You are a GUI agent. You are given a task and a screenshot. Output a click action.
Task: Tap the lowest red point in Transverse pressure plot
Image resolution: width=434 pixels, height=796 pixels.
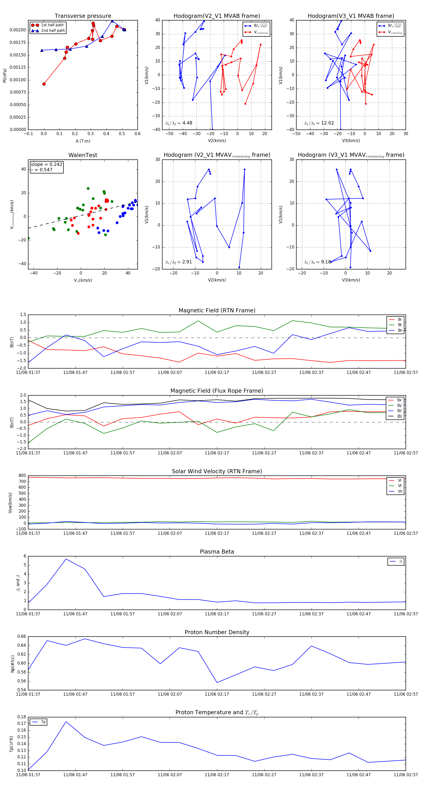44,84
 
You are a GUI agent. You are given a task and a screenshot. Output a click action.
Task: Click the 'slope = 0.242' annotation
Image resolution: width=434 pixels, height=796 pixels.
46,165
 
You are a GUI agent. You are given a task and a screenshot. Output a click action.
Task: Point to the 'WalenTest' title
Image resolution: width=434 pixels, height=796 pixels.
83,155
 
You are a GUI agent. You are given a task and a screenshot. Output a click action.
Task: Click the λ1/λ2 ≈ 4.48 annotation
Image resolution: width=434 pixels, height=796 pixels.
178,123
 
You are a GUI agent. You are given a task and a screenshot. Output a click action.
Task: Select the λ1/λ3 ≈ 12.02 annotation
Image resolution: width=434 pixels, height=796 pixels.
319,123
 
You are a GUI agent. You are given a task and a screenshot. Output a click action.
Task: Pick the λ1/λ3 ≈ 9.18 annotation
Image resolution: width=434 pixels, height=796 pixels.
317,262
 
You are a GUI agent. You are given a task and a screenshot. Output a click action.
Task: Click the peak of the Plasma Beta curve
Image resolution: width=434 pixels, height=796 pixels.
66,559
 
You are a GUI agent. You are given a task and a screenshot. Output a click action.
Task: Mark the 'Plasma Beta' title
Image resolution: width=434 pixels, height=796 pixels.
217,552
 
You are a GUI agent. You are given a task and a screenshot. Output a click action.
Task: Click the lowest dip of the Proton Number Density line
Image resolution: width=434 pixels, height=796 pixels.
217,683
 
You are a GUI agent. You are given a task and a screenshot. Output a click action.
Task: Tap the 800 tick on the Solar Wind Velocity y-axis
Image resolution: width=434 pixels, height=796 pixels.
22,476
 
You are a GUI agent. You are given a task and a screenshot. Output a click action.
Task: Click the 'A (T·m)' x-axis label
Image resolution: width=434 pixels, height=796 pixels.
83,141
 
